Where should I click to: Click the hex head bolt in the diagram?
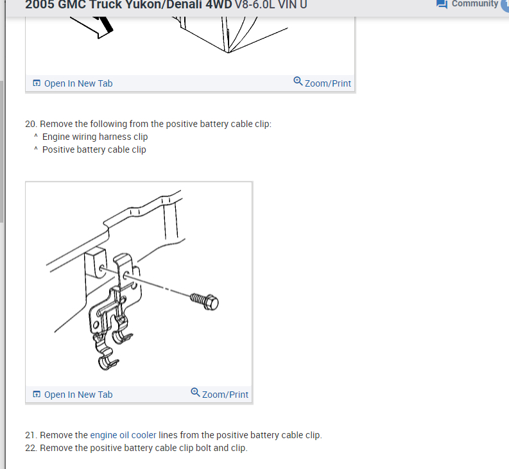point(205,301)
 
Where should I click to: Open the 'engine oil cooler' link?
point(123,435)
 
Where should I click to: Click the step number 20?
point(31,124)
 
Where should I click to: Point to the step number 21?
point(31,435)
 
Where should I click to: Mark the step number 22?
point(31,448)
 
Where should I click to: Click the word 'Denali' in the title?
point(184,4)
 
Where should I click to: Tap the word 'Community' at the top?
point(475,4)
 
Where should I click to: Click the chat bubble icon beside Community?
point(442,4)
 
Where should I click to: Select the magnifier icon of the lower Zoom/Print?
point(195,392)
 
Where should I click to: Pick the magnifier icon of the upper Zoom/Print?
point(298,81)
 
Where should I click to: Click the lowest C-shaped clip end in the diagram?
point(108,364)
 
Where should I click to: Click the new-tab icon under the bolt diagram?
point(37,395)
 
